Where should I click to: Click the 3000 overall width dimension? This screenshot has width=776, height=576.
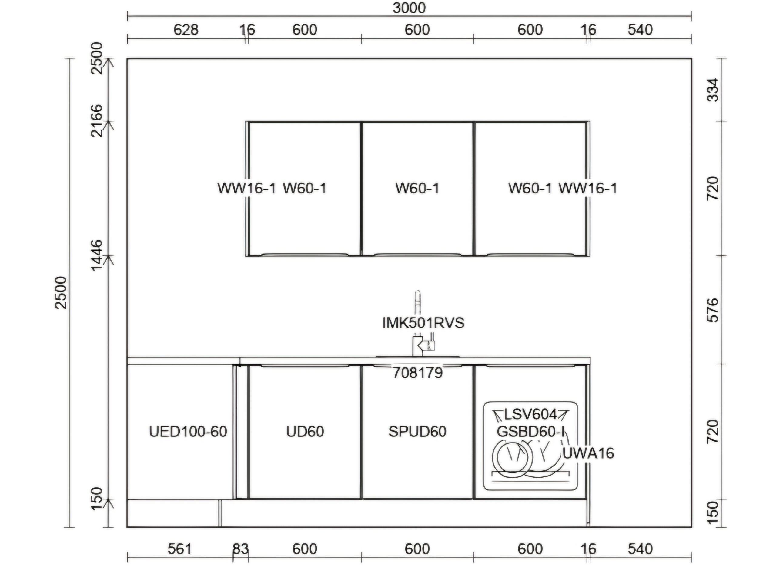coord(409,8)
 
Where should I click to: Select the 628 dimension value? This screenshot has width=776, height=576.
coord(186,30)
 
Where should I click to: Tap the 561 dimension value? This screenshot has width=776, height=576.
coord(179,549)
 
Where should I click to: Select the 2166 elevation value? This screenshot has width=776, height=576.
coord(97,121)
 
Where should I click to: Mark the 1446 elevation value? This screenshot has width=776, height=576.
coord(97,255)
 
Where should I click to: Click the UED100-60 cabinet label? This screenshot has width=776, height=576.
coord(188,432)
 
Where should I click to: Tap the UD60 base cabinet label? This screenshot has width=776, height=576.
coord(305,432)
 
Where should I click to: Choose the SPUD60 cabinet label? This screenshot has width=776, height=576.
coord(417,432)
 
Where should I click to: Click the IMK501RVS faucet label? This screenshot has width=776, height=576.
coord(423,323)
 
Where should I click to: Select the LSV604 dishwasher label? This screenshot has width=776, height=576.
coord(530,415)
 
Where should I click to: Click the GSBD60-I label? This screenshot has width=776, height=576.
coord(530,432)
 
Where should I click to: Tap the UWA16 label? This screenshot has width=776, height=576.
coord(588,453)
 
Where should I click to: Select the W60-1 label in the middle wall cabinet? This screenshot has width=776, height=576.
coord(417,188)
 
